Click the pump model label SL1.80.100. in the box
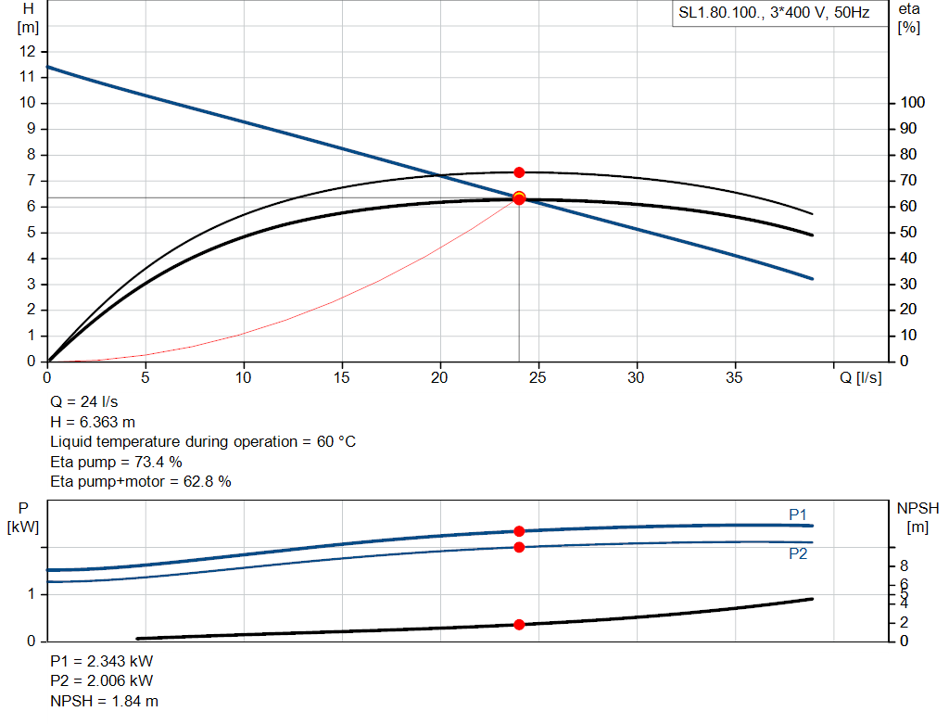719,14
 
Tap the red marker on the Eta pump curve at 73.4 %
519,172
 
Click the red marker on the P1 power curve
519,531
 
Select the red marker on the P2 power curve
519,547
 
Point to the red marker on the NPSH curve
519,625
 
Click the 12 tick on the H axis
28,51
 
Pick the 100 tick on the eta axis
911,103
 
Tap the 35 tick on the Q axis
736,377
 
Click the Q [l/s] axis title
861,377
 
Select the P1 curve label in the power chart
798,514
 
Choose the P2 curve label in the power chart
798,553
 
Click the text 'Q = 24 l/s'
84,402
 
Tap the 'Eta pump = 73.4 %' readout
116,462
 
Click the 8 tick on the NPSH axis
905,566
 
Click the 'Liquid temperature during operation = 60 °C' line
203,441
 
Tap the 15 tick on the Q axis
343,377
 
